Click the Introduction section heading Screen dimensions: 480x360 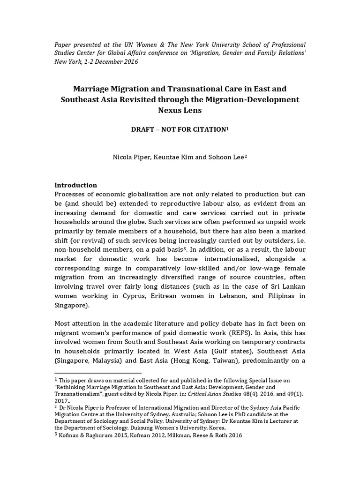(75, 185)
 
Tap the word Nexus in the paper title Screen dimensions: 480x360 (167, 110)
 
